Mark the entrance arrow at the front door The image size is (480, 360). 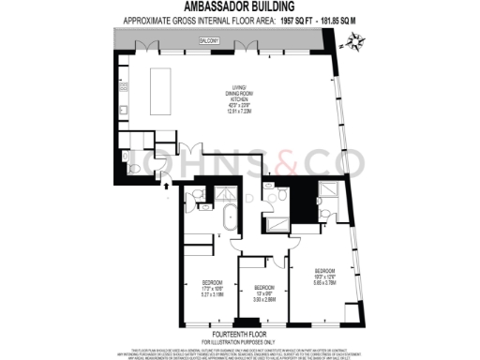168,186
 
